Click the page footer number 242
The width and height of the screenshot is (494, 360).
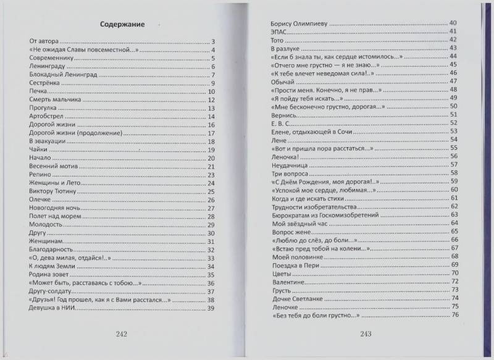[121, 333]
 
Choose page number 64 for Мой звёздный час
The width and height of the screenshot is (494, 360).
[453, 223]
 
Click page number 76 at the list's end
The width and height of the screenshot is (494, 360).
[453, 316]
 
